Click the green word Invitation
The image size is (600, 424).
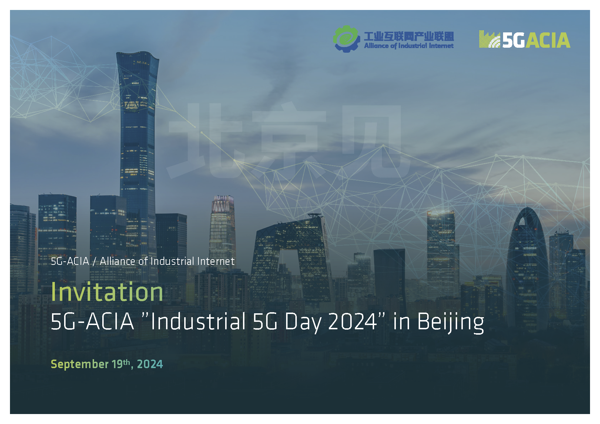point(107,292)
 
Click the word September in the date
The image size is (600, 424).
point(79,364)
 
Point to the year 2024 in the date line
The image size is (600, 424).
point(150,364)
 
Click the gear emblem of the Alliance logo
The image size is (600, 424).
point(346,39)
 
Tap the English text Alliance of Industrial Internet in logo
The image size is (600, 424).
point(409,46)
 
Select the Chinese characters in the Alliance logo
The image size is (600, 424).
point(409,36)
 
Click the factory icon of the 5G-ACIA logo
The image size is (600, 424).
point(490,39)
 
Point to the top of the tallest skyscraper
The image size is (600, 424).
point(138,52)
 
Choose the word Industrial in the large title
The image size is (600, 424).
point(198,321)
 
